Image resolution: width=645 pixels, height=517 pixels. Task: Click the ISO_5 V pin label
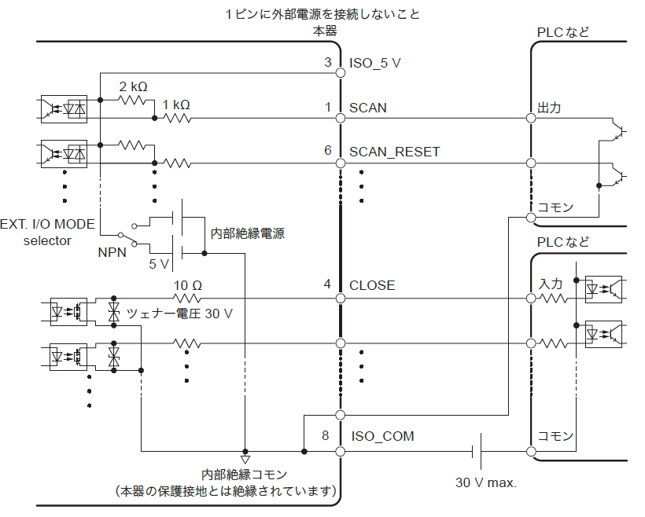tap(375, 63)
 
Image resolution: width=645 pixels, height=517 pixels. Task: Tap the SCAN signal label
tap(368, 108)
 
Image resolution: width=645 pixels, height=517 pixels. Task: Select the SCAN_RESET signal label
tap(394, 152)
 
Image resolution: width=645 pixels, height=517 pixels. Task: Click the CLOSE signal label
tap(372, 285)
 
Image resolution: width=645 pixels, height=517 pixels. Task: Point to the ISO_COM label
tap(381, 436)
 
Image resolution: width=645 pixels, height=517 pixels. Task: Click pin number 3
tap(328, 63)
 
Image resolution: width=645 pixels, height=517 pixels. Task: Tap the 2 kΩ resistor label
tap(134, 86)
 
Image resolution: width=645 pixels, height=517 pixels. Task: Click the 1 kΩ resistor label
tap(176, 104)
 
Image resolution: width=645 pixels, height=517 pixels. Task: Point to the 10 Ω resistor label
tap(188, 284)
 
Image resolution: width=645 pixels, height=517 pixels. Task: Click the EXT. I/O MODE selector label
tap(48, 232)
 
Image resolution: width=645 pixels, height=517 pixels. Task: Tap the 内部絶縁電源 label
tap(247, 233)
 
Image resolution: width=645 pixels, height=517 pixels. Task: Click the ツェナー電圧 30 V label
tap(180, 313)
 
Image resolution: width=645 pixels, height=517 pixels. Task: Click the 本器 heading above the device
tap(325, 31)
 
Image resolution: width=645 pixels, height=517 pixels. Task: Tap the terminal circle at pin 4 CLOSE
tap(341, 299)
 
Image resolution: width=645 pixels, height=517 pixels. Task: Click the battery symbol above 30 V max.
tap(477, 451)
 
